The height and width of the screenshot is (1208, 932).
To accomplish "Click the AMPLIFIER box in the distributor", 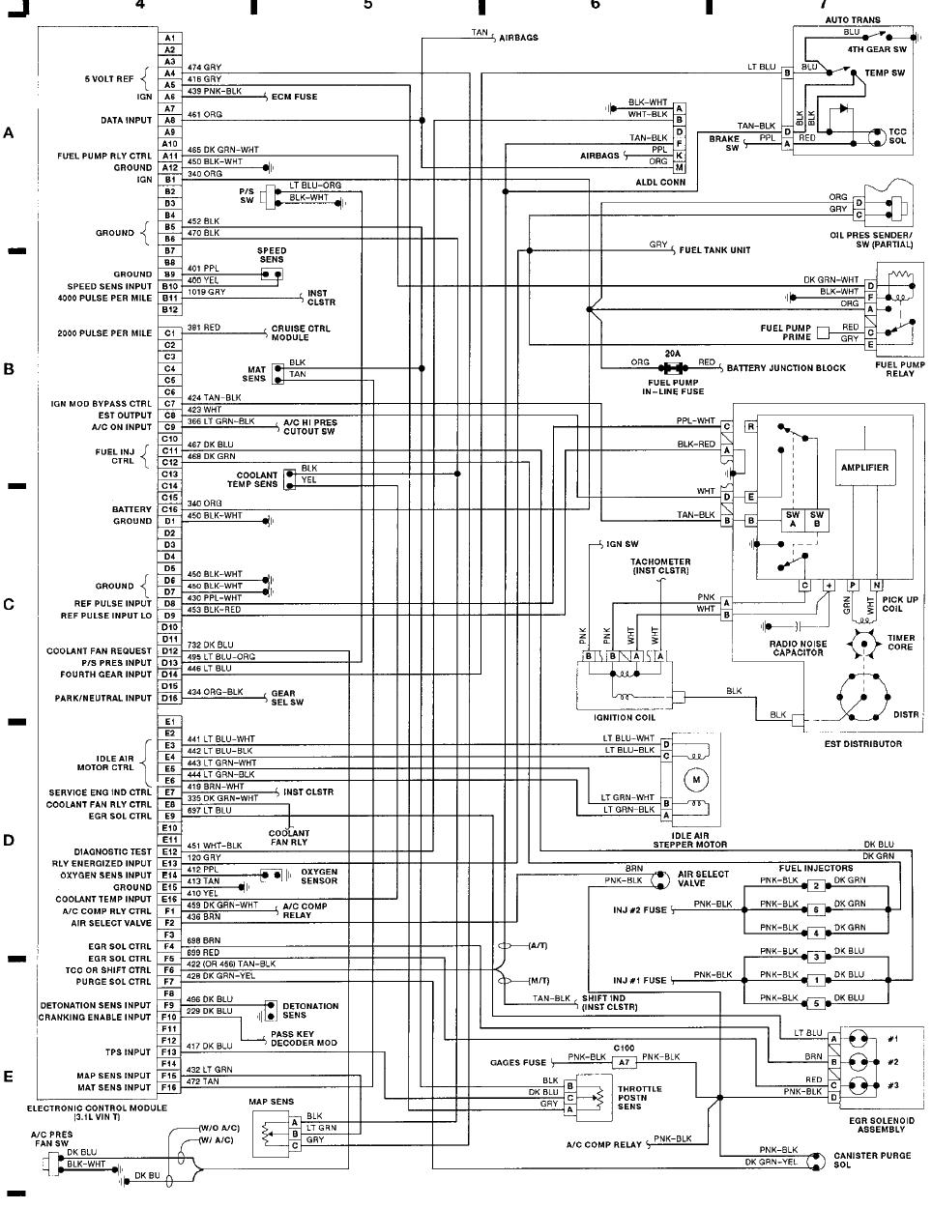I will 863,468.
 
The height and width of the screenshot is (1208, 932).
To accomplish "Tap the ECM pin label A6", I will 169,97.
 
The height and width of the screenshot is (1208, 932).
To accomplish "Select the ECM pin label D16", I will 169,698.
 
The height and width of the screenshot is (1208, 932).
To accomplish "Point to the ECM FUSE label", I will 294,97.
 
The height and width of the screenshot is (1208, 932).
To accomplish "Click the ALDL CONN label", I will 659,182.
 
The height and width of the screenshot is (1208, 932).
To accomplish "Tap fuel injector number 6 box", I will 816,909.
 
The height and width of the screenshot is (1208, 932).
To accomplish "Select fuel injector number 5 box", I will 816,1003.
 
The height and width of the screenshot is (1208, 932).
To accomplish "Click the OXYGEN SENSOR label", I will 318,877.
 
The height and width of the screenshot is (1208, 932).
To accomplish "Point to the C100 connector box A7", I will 624,1062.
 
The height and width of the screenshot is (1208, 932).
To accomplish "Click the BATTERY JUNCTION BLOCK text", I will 786,368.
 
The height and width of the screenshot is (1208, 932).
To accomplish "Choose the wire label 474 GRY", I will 204,68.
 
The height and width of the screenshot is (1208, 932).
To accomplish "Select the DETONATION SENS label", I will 310,1011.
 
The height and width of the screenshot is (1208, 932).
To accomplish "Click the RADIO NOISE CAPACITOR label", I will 797,648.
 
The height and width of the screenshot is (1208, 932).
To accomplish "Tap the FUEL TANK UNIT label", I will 714,250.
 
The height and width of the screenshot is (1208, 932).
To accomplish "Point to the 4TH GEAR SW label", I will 877,49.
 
